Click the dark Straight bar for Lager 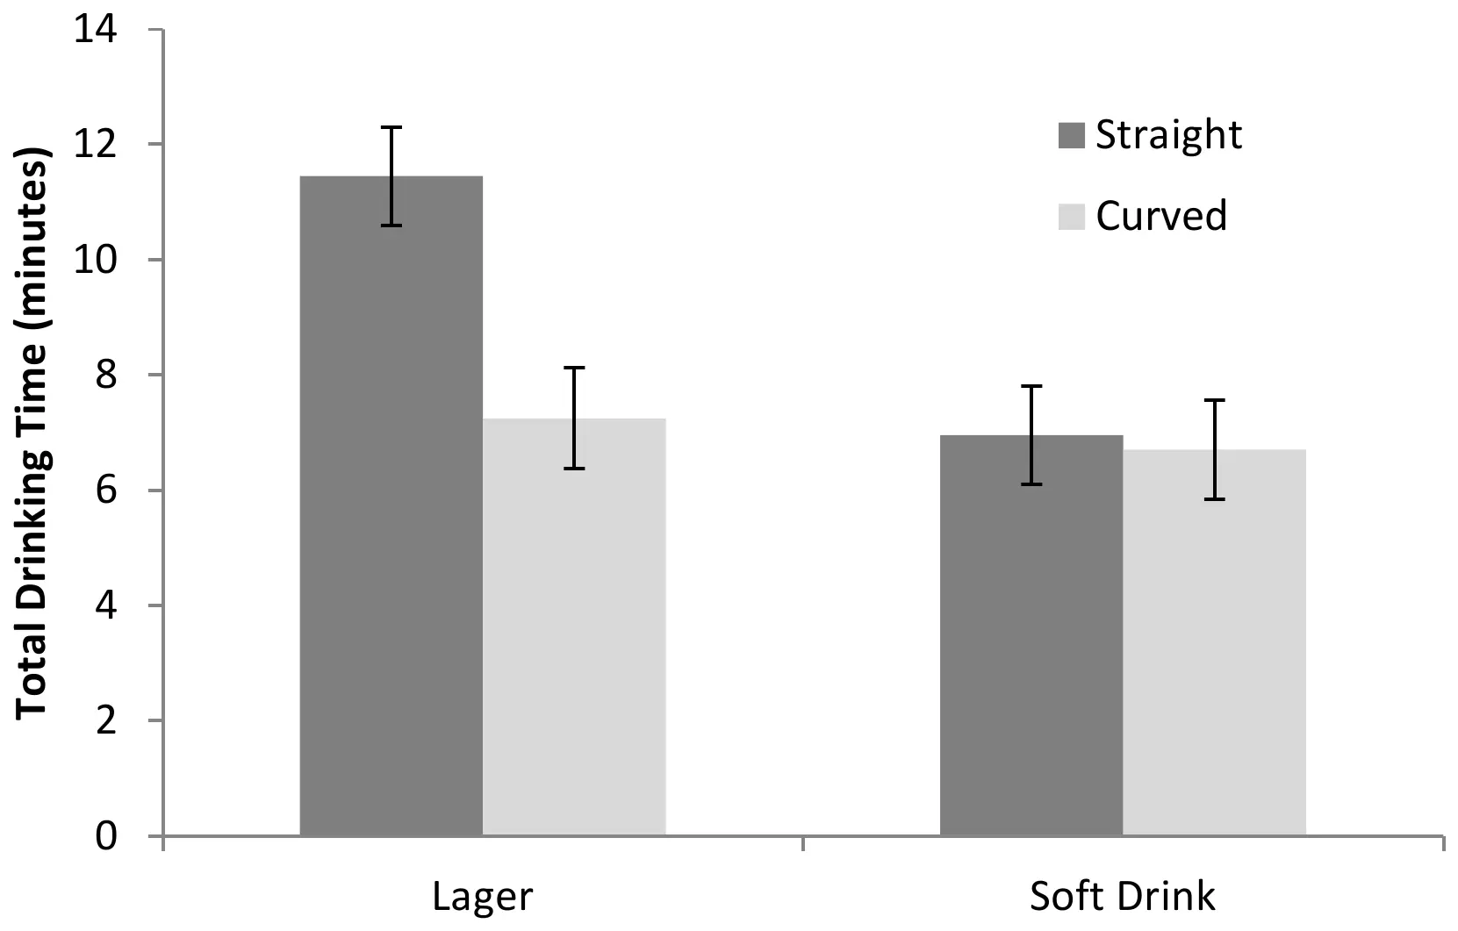click(391, 526)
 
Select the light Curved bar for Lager click(574, 632)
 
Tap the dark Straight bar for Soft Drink click(1031, 641)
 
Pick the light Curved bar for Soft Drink click(1214, 649)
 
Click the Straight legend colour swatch click(1071, 135)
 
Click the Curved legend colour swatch click(1071, 216)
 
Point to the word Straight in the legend click(1168, 135)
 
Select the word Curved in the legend click(1160, 216)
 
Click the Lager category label click(482, 897)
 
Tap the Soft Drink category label click(1122, 897)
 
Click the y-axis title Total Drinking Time click(32, 434)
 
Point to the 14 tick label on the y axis click(95, 30)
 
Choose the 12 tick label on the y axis click(95, 145)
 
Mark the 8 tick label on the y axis click(105, 376)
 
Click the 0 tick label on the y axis click(105, 836)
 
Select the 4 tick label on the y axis click(105, 605)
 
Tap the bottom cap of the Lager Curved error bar click(574, 469)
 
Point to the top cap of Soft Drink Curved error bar click(1214, 400)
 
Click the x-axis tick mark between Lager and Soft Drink click(803, 843)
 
